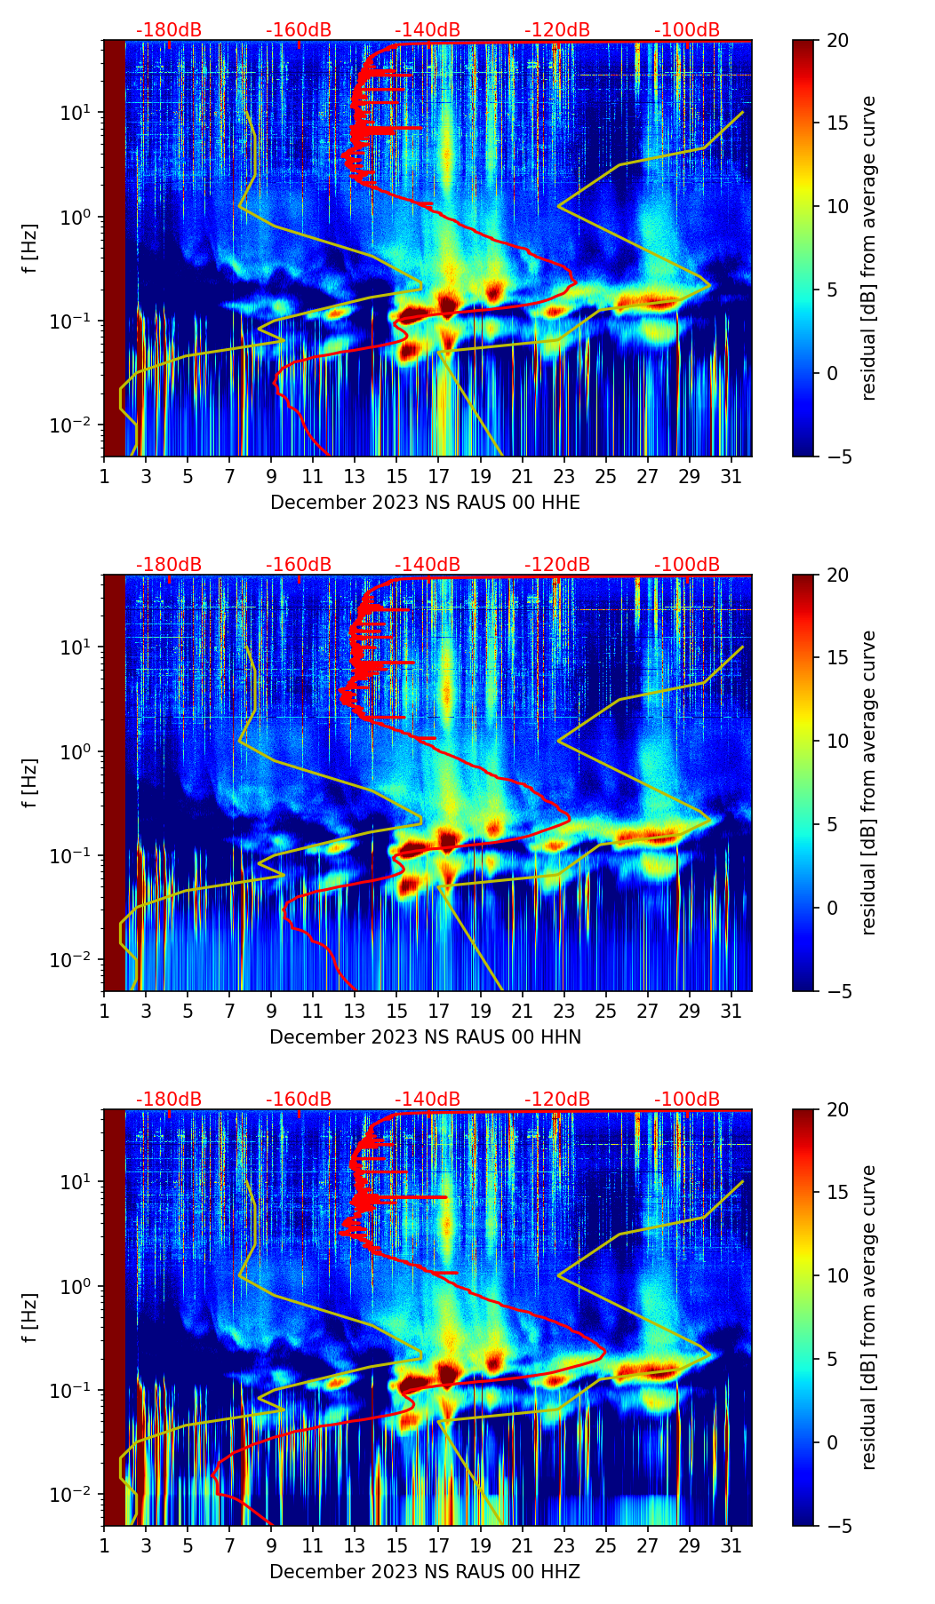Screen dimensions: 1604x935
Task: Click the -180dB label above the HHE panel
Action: point(169,30)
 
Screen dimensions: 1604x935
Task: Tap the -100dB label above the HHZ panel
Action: point(687,1100)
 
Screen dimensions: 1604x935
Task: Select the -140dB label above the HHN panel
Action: point(428,565)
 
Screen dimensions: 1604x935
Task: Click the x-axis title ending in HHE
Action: point(425,503)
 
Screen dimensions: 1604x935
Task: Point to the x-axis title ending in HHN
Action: point(425,1037)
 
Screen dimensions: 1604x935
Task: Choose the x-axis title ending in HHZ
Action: point(425,1572)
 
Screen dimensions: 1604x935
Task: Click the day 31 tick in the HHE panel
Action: point(731,476)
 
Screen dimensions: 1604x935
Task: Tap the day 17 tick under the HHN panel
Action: point(438,1011)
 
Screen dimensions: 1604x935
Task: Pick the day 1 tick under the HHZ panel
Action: point(104,1545)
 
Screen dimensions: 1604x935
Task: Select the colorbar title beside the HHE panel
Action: point(868,248)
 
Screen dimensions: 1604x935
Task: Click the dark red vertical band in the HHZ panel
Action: point(115,1314)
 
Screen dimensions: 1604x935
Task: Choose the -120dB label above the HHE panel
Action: point(557,30)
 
